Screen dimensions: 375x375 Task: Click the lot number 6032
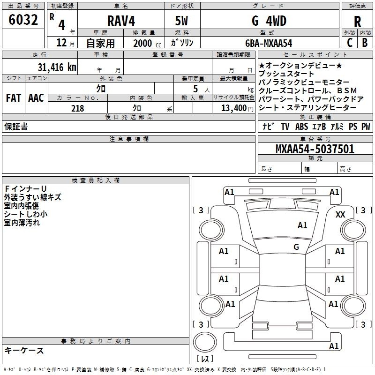pyautogui.click(x=23, y=20)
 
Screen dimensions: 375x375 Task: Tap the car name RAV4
pyautogui.click(x=121, y=21)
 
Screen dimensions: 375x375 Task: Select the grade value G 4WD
pyautogui.click(x=269, y=21)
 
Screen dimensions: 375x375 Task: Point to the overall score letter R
pyautogui.click(x=357, y=22)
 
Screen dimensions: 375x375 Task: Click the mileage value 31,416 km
pyautogui.click(x=57, y=67)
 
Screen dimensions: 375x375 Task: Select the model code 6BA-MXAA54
pyautogui.click(x=269, y=43)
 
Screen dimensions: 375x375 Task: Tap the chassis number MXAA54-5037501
pyautogui.click(x=315, y=149)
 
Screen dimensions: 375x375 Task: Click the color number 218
pyautogui.click(x=78, y=108)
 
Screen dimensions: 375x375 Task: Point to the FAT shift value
pyautogui.click(x=14, y=98)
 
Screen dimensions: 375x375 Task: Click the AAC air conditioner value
pyautogui.click(x=36, y=98)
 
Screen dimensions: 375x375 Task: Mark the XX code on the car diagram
pyautogui.click(x=340, y=215)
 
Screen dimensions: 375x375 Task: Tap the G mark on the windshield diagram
pyautogui.click(x=296, y=247)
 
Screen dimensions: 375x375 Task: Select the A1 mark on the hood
pyautogui.click(x=302, y=225)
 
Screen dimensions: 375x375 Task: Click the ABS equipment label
pyautogui.click(x=301, y=127)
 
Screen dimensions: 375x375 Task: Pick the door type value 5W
pyautogui.click(x=181, y=21)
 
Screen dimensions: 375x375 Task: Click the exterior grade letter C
pyautogui.click(x=350, y=43)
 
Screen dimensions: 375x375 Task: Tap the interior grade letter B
pyautogui.click(x=365, y=43)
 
